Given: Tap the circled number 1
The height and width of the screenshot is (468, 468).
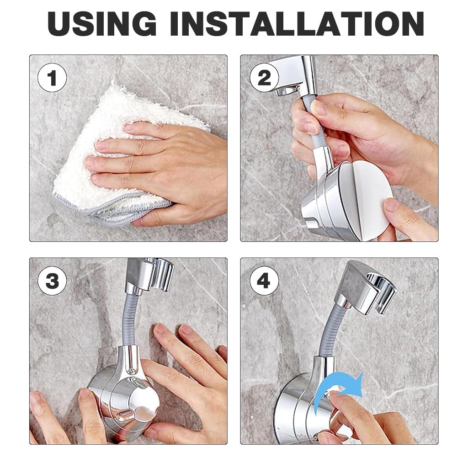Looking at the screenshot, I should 52,79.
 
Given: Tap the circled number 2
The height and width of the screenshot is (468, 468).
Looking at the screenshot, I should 264,79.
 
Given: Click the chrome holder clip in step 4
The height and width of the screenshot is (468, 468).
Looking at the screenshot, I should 366,286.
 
